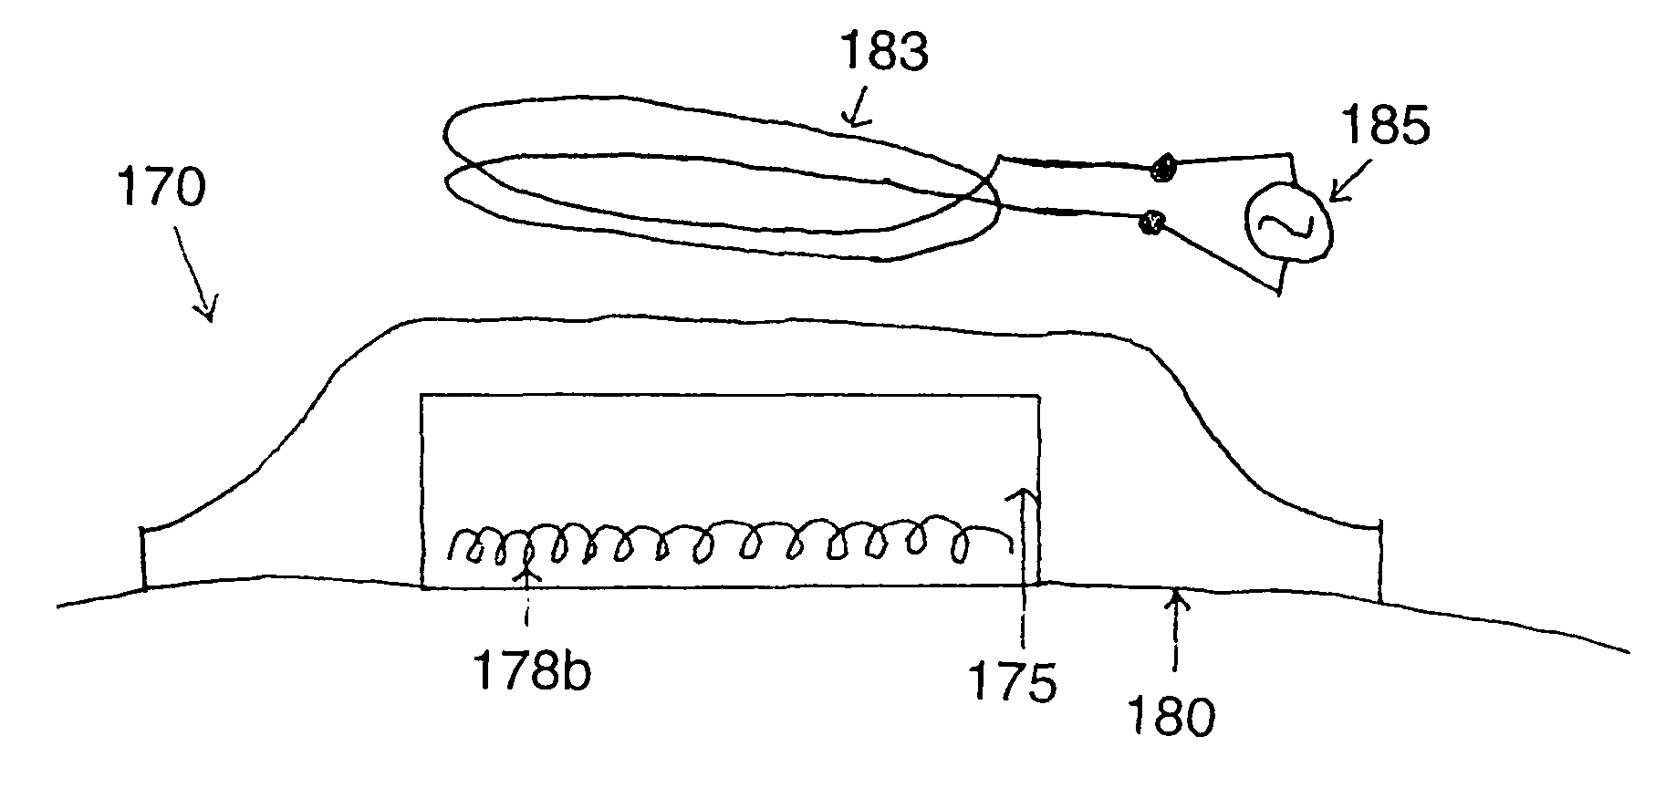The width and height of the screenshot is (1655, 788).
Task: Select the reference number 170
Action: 161,190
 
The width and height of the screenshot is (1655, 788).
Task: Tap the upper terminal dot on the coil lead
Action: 1163,167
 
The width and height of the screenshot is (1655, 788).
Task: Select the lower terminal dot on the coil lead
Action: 1150,222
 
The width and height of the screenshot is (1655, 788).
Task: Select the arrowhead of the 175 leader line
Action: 1024,495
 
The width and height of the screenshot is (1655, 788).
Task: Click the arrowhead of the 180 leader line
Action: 1175,597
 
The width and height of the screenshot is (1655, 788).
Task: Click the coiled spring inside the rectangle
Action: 730,544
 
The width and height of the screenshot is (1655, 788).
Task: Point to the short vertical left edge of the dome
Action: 143,557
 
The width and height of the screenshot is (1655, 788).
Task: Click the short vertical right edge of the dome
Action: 1379,561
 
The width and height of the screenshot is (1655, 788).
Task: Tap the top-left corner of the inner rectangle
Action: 421,395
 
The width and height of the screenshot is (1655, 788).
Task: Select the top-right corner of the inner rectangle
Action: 1038,395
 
